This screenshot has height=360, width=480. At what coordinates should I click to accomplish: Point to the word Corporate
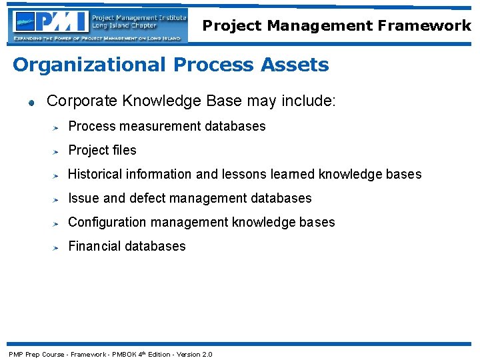[77, 101]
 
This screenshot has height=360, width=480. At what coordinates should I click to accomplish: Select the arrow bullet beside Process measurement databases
[57, 127]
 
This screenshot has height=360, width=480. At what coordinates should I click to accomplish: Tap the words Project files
[102, 150]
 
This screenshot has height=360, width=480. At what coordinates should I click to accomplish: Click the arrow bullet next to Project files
[57, 151]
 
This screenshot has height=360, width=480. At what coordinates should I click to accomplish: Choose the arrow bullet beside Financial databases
[57, 247]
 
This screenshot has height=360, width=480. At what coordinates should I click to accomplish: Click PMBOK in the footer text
[124, 354]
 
